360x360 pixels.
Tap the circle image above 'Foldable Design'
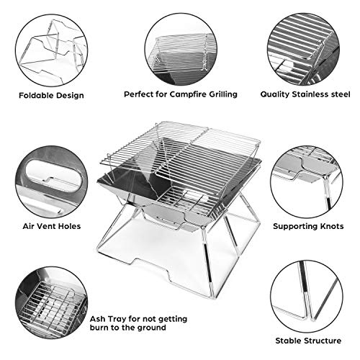pyautogui.click(x=49, y=48)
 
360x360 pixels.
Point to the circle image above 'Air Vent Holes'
pyautogui.click(x=49, y=180)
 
